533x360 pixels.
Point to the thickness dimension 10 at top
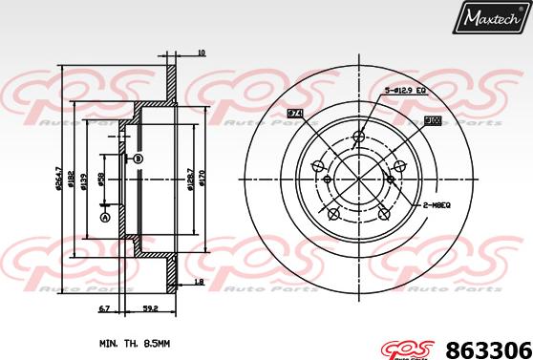pos(200,53)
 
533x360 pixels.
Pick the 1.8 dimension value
pos(199,283)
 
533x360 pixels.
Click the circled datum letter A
pos(105,217)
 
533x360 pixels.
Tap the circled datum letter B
pos(138,159)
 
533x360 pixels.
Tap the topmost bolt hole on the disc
pos(358,136)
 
